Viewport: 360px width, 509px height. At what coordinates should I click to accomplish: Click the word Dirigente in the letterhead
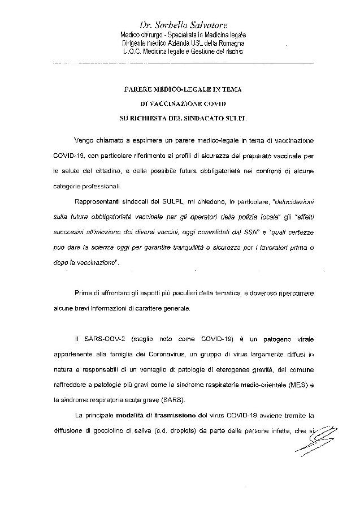tap(134, 43)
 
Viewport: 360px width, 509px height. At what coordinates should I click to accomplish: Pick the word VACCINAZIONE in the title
tap(177, 105)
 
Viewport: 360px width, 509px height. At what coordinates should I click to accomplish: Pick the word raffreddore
tap(73, 384)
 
